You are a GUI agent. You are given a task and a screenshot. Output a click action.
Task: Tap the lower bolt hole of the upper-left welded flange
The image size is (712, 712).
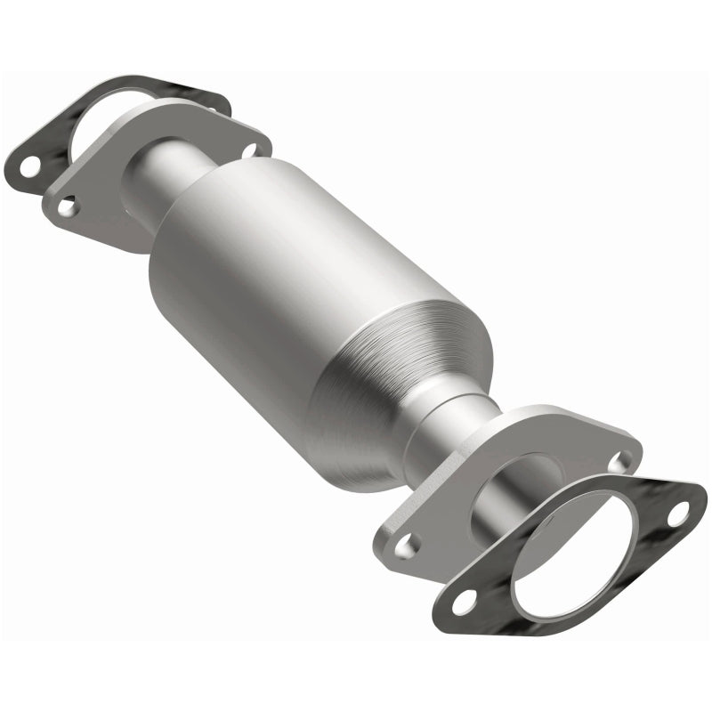67,206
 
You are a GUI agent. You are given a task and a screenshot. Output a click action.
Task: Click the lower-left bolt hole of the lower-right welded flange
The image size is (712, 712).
406,545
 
